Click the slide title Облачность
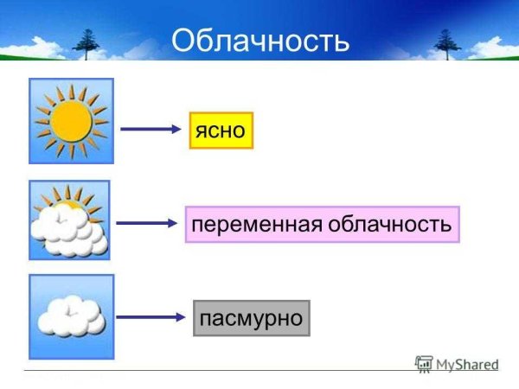(x=259, y=41)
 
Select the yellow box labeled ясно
(x=221, y=130)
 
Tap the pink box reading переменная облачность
(x=322, y=225)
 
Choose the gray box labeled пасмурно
(x=251, y=318)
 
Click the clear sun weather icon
(x=71, y=121)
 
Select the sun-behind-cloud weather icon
(x=69, y=220)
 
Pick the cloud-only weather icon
(x=71, y=316)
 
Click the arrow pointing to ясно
(x=151, y=130)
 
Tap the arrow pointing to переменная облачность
(x=147, y=223)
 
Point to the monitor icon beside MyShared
(x=424, y=364)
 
